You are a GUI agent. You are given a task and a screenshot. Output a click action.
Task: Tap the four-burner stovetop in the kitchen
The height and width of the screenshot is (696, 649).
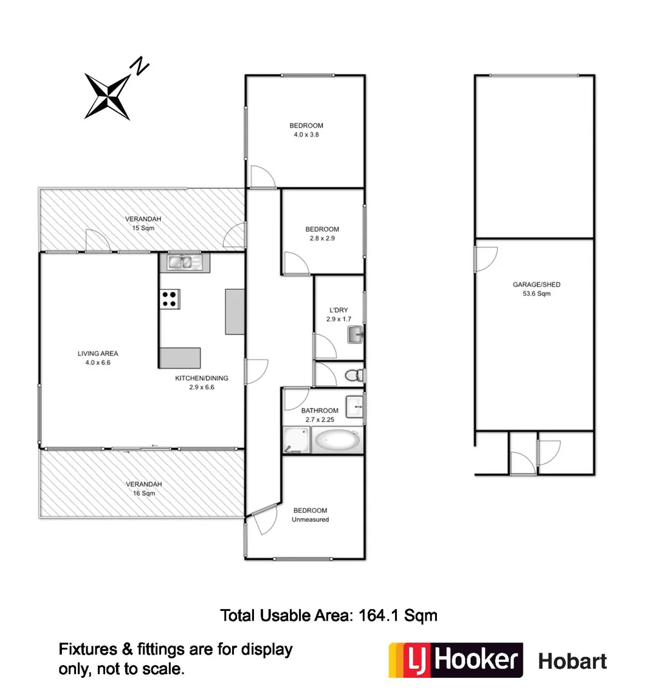(170, 298)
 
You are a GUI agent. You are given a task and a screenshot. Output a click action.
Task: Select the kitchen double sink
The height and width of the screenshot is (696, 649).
(184, 262)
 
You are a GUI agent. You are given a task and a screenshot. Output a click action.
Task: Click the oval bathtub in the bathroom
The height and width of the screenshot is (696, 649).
(337, 440)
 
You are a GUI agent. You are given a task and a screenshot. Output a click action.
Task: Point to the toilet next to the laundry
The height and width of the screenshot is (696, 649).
(354, 375)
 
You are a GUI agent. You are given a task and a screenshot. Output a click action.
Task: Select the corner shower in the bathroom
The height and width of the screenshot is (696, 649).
(296, 441)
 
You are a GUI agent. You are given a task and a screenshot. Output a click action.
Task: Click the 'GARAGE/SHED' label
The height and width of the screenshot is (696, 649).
(532, 284)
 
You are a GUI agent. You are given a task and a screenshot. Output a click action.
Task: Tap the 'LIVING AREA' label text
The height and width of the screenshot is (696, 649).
(98, 353)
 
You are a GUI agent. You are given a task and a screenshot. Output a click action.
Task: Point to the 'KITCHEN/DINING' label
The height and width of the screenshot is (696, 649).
(202, 378)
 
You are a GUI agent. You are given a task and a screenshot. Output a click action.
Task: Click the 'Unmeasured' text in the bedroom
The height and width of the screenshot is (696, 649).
(310, 519)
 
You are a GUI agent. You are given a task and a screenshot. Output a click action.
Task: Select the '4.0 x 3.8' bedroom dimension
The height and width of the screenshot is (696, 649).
(306, 135)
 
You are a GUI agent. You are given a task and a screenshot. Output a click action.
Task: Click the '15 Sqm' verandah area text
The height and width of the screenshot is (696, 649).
(143, 228)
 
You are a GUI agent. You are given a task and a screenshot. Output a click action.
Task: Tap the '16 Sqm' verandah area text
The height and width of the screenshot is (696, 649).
(143, 493)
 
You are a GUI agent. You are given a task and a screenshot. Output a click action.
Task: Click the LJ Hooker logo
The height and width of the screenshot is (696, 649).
(455, 660)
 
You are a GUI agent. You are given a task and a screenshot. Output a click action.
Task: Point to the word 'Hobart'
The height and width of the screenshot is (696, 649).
(572, 661)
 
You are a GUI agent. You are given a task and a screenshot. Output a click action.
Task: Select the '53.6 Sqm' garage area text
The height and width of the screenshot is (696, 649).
(532, 294)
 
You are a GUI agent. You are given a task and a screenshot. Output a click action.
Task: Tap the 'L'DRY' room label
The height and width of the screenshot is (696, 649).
(338, 310)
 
